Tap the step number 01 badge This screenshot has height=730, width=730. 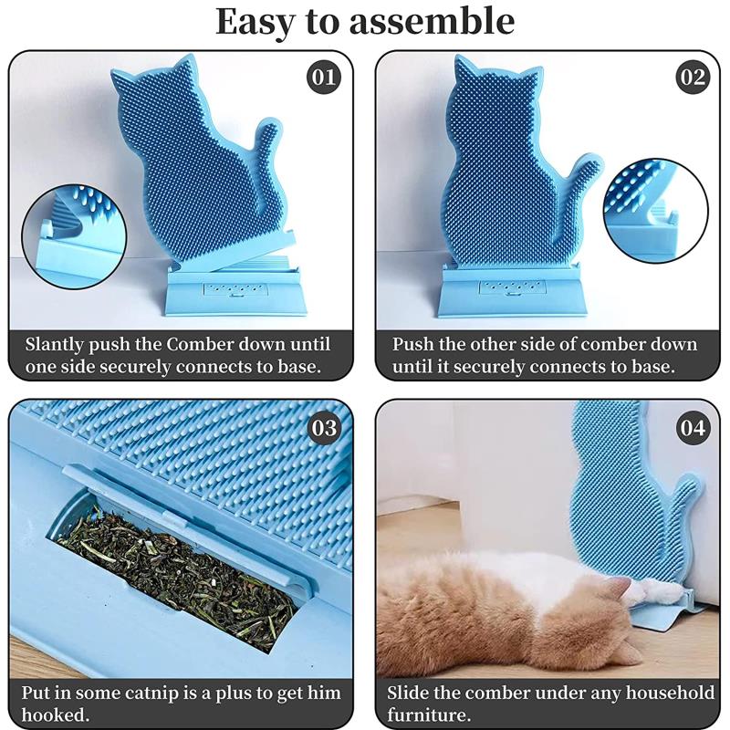click(324, 77)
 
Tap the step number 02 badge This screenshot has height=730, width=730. click(692, 77)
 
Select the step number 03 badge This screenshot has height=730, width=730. click(324, 427)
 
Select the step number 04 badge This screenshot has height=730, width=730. click(692, 427)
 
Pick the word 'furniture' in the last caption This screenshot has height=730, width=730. click(427, 715)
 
